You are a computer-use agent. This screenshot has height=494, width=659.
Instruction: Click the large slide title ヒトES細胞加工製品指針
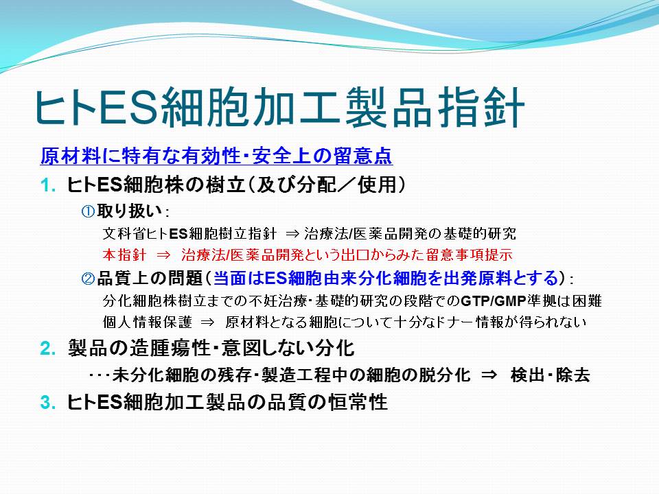pos(279,107)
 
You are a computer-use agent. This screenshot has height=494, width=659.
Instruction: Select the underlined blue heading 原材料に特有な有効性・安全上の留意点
pos(216,156)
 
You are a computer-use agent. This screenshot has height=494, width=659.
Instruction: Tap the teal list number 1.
pos(48,185)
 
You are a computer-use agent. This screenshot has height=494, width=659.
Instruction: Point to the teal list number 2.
pos(48,349)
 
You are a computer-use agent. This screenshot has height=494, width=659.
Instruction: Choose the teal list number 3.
pos(48,403)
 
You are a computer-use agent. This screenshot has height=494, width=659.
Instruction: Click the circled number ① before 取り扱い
pos(88,211)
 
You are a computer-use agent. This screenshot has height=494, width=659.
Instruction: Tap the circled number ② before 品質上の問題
pos(88,278)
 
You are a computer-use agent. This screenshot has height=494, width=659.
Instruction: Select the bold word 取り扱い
pos(129,211)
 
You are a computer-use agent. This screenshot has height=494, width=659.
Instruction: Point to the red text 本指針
pos(124,255)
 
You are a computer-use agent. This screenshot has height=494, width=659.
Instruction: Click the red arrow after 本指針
pos(164,255)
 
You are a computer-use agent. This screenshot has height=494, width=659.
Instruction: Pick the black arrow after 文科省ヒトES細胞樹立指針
pos(292,234)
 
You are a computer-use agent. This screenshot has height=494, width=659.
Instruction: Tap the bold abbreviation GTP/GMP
pos(494,301)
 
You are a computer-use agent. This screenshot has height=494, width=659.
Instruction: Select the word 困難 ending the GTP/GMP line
pos(587,301)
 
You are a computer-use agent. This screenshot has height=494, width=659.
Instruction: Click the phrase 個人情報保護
pos(147,322)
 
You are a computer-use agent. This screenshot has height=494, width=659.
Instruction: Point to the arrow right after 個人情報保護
pos(207,322)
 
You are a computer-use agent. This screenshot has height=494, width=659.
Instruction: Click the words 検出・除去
pos(550,375)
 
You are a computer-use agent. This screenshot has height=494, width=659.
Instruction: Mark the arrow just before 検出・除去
pos(489,375)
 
